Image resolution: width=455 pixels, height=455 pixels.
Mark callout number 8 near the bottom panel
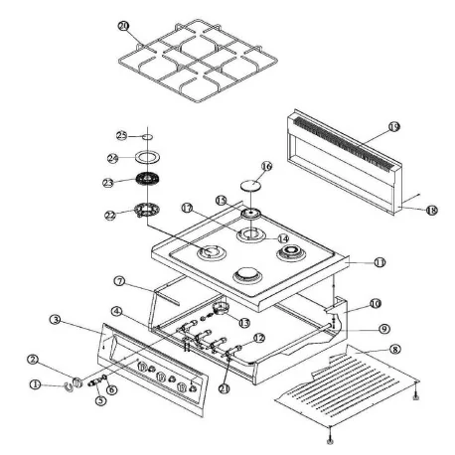[395, 349]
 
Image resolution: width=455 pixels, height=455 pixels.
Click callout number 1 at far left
[37, 383]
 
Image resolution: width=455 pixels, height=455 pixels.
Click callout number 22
[110, 215]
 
